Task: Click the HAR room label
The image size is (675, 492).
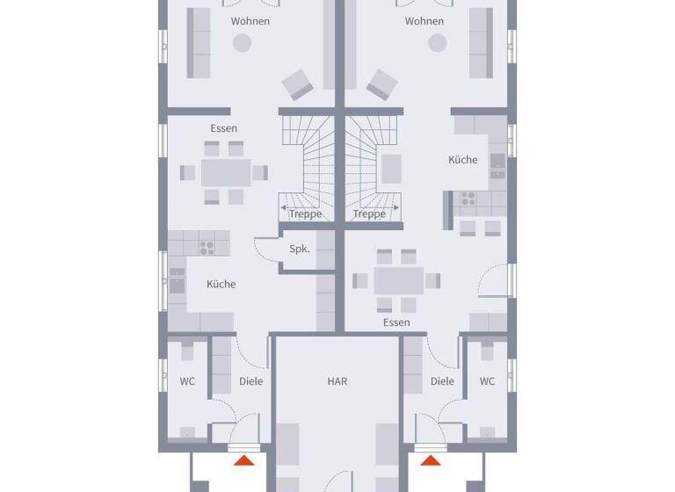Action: point(337,381)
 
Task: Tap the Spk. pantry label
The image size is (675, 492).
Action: point(299,250)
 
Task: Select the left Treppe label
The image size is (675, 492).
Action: point(306,214)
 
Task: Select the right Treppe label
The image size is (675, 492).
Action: point(369,214)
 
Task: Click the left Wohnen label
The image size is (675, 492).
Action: point(250,21)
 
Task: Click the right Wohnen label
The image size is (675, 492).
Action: point(425,21)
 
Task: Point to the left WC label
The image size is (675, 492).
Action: point(188,381)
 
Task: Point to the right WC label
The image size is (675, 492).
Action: point(487,381)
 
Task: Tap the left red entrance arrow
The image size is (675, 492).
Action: point(244,459)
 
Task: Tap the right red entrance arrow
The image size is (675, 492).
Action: point(430,459)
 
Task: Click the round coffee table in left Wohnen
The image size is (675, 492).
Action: point(241,42)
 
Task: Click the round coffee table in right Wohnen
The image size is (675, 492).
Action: point(436,42)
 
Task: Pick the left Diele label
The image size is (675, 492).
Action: point(250,381)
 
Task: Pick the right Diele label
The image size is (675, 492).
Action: point(442,381)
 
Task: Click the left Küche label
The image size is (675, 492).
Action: point(221,284)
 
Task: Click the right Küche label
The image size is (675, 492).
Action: point(463,160)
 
